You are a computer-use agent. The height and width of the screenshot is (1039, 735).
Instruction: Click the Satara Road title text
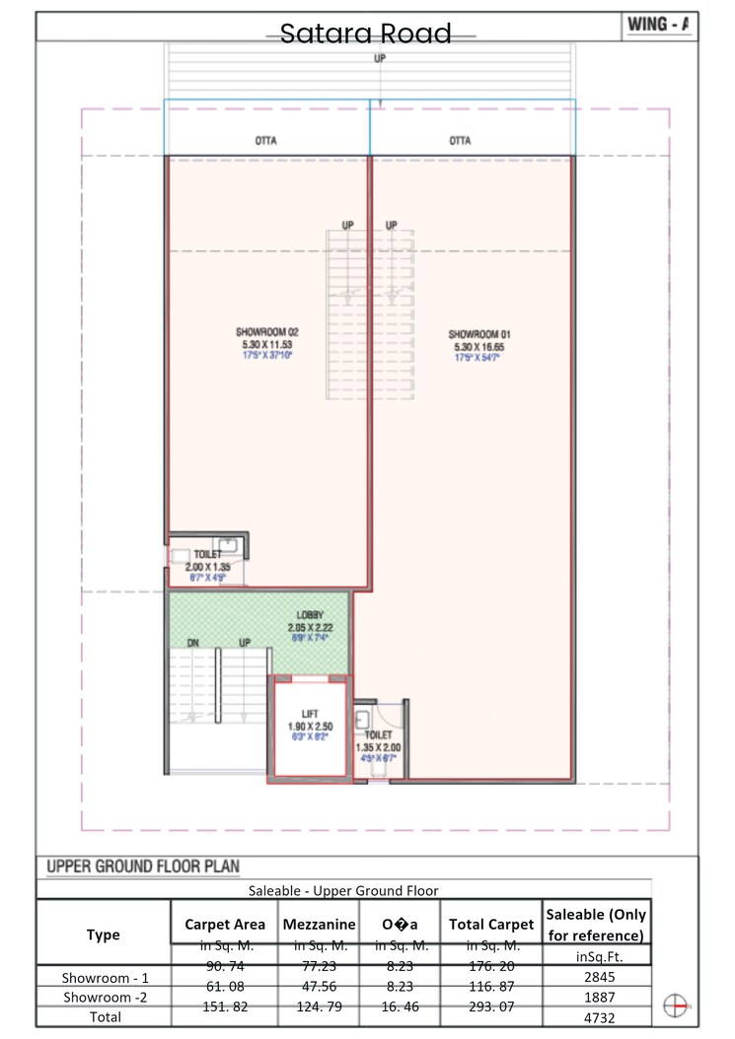tap(366, 34)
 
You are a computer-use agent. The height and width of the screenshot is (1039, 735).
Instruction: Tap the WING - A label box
tap(659, 26)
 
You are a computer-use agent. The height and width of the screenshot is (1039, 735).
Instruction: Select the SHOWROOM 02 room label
tap(266, 332)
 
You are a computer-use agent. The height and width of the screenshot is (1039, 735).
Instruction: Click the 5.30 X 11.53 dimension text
tap(266, 345)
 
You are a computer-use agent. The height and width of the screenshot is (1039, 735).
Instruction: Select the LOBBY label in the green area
tap(310, 615)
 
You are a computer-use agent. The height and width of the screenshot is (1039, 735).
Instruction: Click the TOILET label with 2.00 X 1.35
tap(208, 555)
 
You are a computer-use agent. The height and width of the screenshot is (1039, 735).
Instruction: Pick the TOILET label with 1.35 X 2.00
tap(378, 735)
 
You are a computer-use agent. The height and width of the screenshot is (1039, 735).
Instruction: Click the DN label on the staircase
tap(193, 643)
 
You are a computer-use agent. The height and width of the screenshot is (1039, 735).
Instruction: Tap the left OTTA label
tap(265, 141)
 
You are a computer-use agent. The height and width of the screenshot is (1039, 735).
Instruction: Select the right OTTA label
tap(460, 141)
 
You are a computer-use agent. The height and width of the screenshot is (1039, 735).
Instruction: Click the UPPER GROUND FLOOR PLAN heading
tap(143, 867)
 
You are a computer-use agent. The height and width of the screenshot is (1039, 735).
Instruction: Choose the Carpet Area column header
tap(225, 925)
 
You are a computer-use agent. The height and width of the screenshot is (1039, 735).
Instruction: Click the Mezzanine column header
tap(319, 925)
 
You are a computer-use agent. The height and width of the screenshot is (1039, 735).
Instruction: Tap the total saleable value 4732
tap(595, 1015)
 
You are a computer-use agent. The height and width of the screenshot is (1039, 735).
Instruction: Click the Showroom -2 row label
tap(104, 997)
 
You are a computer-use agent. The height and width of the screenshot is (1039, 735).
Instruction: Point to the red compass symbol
tap(676, 1004)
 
